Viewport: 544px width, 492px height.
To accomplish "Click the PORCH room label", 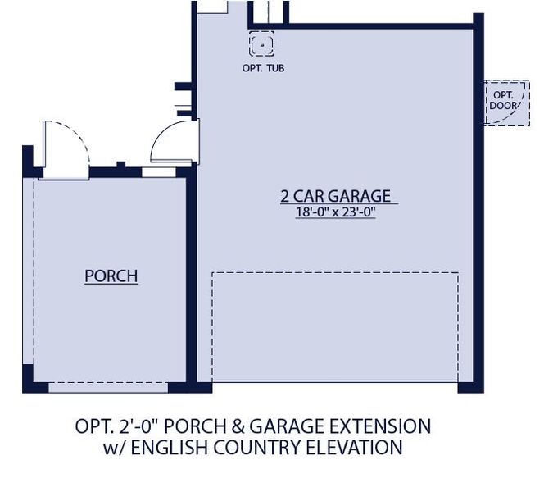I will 111,276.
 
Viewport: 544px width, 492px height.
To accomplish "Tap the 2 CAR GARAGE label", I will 335,196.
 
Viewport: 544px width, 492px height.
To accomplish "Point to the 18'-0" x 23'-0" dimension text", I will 335,212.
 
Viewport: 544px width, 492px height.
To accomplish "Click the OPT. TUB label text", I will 263,68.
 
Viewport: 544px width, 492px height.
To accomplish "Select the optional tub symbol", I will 261,43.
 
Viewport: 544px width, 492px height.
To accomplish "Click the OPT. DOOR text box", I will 502,101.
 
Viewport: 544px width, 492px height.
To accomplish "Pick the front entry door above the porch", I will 62,148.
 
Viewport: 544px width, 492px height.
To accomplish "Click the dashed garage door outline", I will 334,326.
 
